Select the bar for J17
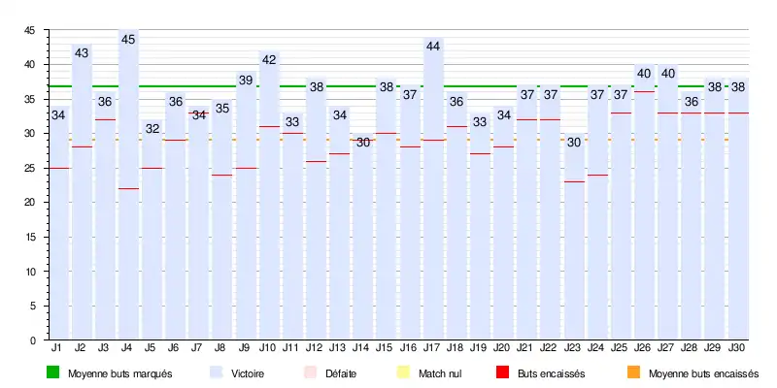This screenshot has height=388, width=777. [x=434, y=194]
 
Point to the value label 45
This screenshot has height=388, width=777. [x=129, y=40]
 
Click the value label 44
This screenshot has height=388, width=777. [x=434, y=47]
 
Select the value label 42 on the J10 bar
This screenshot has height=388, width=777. [x=269, y=60]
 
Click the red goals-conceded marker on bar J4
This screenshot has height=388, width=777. [x=129, y=188]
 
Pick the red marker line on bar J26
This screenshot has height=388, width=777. [x=644, y=91]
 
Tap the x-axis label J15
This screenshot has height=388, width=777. [x=387, y=347]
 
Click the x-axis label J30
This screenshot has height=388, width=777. [x=737, y=347]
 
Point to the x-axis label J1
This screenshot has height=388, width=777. [x=57, y=347]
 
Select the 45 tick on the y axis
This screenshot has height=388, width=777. [x=31, y=31]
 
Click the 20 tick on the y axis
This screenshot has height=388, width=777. [x=31, y=203]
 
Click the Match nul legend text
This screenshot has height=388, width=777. [x=440, y=372]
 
